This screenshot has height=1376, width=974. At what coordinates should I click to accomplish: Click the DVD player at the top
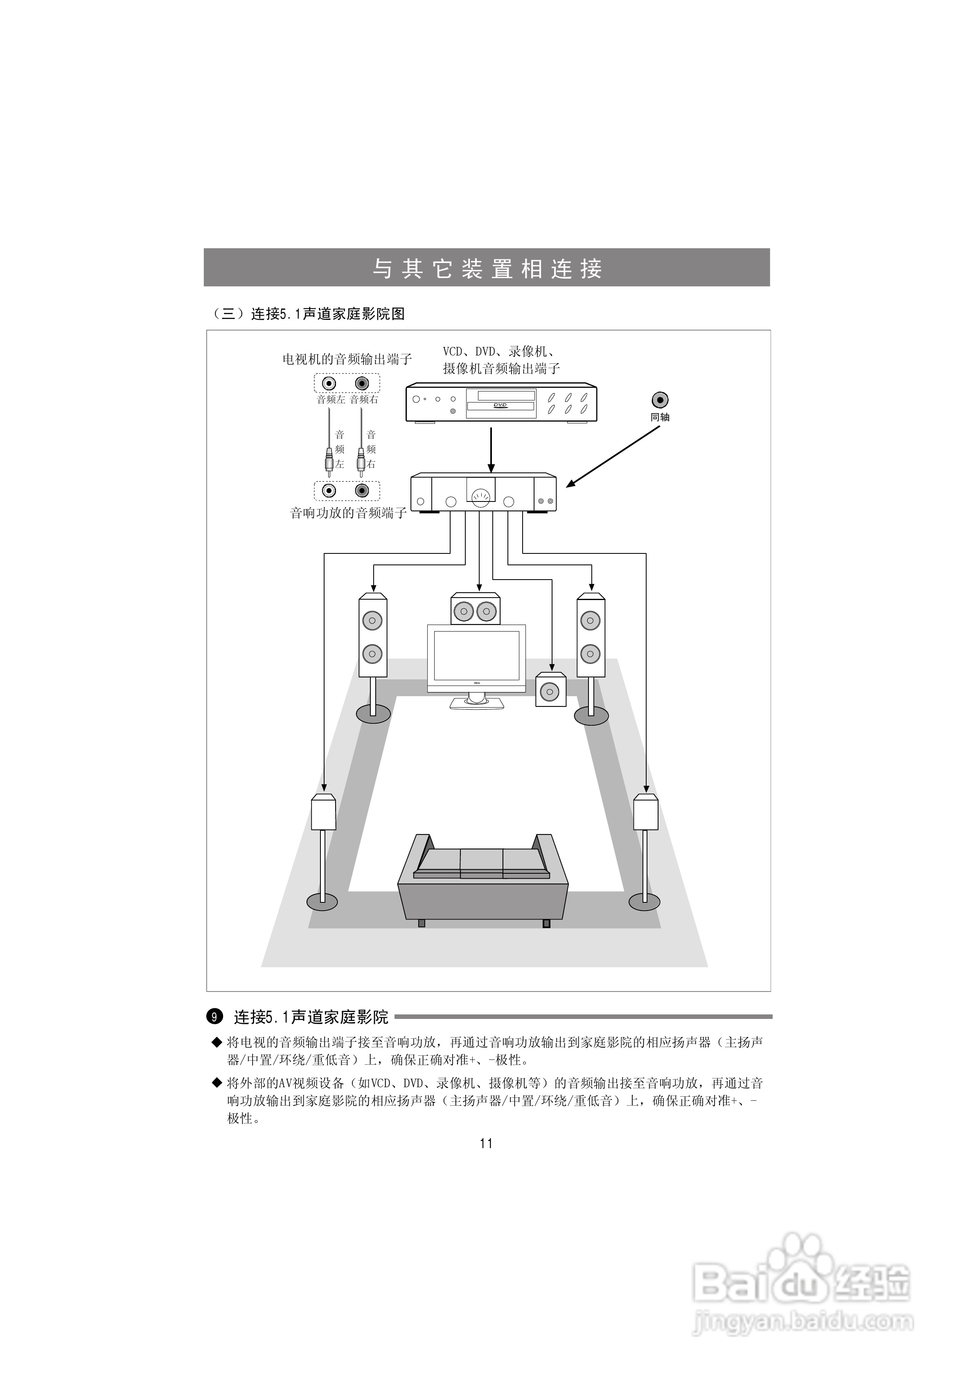click(x=501, y=402)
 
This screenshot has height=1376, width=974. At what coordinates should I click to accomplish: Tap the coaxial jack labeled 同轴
click(x=660, y=400)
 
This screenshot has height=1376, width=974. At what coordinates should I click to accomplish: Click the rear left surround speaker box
click(x=323, y=812)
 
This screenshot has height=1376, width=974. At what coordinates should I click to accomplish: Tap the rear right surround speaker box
click(x=645, y=812)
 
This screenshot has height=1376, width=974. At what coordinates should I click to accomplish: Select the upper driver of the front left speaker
click(x=372, y=620)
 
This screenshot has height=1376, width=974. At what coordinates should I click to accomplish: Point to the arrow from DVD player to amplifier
click(x=491, y=450)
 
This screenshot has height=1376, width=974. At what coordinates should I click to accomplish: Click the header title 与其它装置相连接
click(x=487, y=268)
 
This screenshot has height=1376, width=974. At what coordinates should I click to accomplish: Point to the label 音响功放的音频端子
click(x=348, y=513)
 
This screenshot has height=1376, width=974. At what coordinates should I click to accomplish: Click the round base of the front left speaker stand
click(x=373, y=714)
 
